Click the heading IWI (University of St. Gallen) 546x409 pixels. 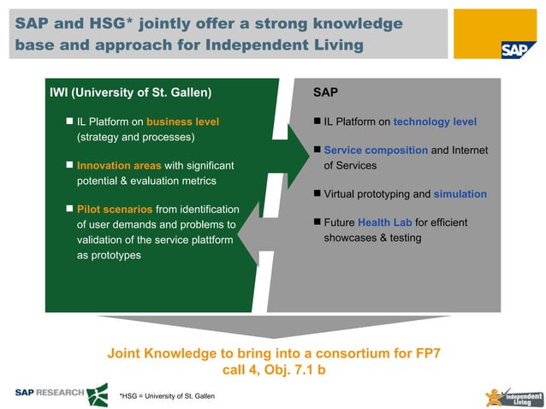coord(131,92)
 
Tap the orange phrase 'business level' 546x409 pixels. coord(182,122)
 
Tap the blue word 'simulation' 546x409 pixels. coord(460,194)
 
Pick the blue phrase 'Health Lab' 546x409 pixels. coord(384,222)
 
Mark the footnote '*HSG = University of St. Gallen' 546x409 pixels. coord(167,395)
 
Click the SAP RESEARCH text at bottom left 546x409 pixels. coord(50,393)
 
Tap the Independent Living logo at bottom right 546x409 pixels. coord(513,398)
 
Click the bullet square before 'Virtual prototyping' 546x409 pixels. coord(317,193)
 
